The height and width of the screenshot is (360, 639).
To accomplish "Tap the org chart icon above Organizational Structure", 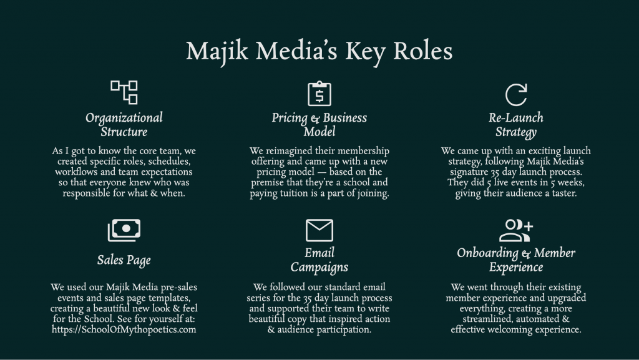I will pos(124,92).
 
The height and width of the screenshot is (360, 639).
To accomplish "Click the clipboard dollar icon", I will pos(319,94).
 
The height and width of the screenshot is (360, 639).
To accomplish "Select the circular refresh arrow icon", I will pos(515,94).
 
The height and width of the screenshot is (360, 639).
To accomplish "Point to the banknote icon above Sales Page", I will pos(124,230).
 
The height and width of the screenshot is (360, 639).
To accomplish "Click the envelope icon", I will pos(319,230).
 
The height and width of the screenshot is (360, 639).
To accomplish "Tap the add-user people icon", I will pos(515,230).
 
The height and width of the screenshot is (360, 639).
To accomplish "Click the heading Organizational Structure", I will pos(124,124).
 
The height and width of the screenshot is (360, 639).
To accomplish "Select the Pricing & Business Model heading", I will pos(319,124).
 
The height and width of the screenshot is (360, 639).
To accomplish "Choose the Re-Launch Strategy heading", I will pos(515,124).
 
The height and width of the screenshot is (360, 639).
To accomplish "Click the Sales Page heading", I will pos(124,260).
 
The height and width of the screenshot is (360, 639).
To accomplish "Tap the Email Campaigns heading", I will pos(319,260).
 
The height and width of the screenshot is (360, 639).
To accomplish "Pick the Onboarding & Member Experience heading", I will pos(515,260).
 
